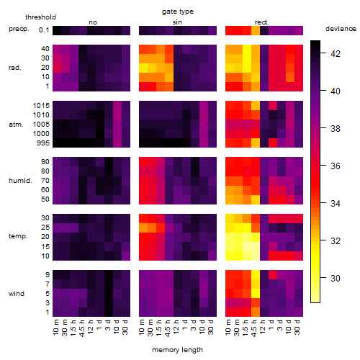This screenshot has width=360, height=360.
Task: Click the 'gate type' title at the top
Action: [178, 12]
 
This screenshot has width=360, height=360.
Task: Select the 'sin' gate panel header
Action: [177, 22]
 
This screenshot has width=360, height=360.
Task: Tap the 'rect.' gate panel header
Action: [262, 22]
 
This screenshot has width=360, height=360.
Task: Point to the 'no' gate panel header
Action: [93, 22]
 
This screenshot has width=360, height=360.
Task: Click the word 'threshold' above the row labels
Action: [40, 17]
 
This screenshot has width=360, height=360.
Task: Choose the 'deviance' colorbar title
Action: [341, 29]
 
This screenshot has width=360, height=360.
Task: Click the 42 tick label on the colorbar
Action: [336, 53]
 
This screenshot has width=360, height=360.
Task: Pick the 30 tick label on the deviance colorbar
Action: [336, 278]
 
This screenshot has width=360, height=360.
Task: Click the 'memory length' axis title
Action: [177, 350]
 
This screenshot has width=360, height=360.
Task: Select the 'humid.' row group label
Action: [20, 181]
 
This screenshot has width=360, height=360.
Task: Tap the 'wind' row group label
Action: [17, 294]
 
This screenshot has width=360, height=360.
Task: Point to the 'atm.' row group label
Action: [16, 125]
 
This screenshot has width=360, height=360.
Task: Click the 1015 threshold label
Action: [41, 105]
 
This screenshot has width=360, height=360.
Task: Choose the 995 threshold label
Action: [43, 143]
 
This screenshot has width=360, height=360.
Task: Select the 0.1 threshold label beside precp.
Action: [44, 30]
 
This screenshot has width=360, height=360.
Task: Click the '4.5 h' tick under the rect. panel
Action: [254, 328]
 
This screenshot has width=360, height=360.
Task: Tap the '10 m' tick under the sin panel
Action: [142, 328]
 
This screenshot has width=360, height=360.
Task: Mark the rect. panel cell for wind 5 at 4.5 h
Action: [256, 293]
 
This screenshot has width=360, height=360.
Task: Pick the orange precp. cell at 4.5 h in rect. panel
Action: [256, 30]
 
